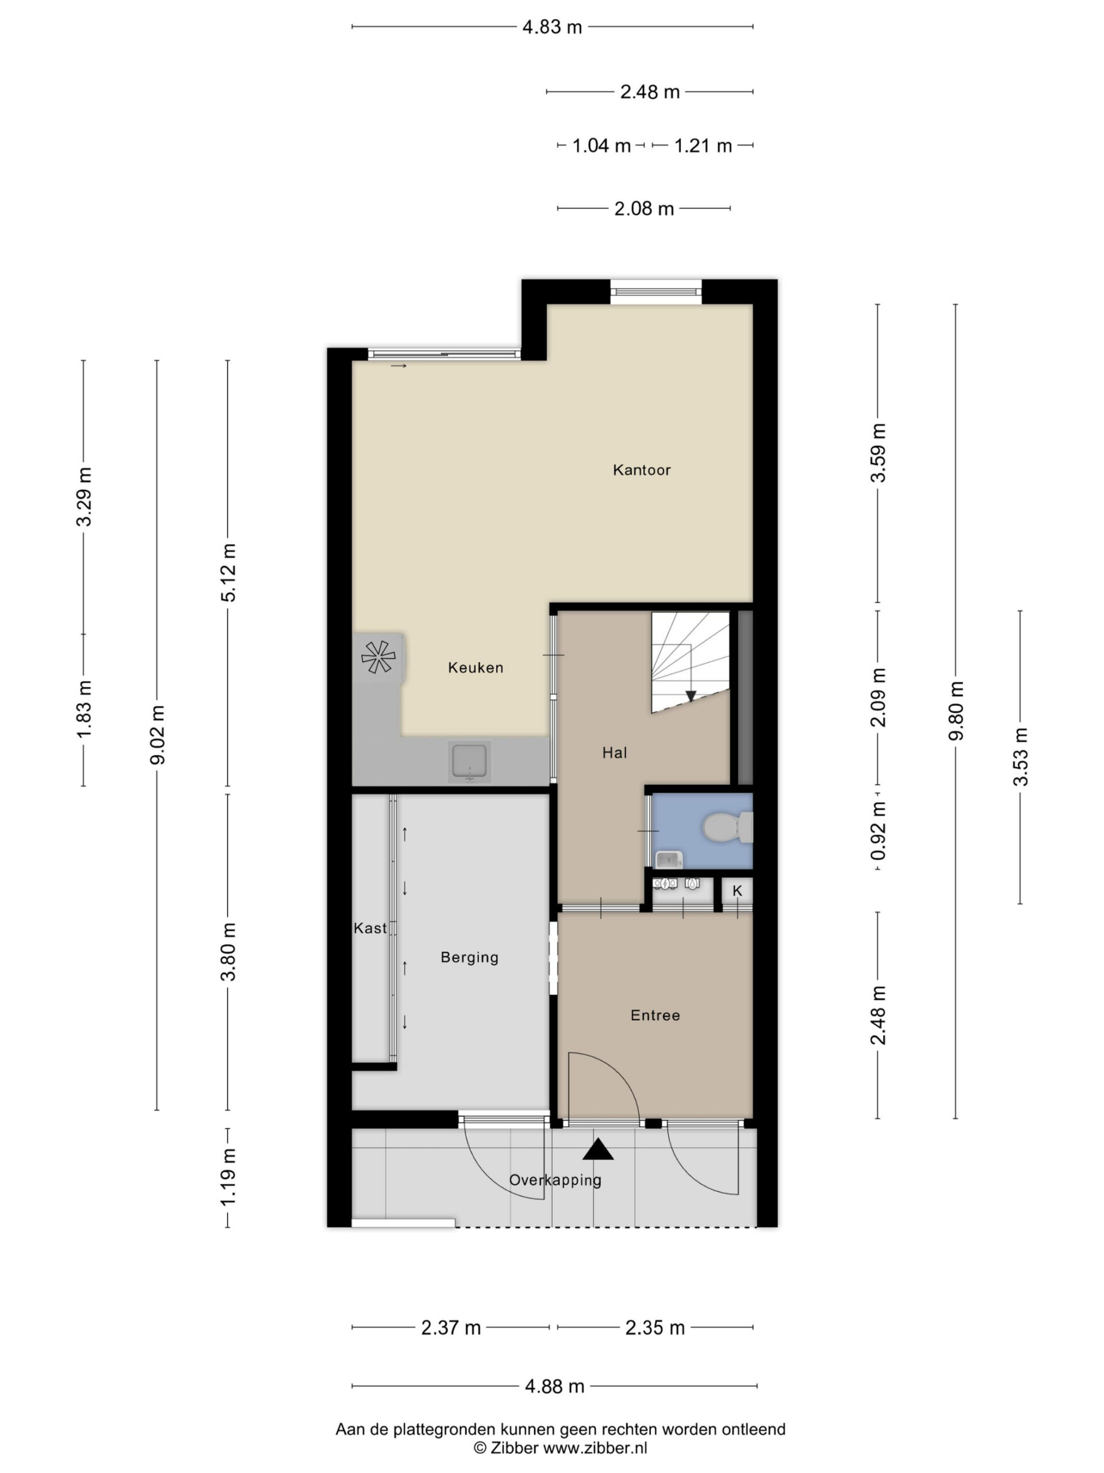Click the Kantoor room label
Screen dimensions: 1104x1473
[642, 470]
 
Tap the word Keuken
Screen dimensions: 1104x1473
[475, 667]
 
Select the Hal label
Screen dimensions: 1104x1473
[614, 753]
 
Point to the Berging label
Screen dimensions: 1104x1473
[469, 957]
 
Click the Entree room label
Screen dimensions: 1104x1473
[655, 1016]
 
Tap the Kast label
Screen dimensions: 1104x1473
[370, 928]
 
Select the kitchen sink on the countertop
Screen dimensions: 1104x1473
[469, 761]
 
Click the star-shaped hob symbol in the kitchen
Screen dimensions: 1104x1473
[378, 657]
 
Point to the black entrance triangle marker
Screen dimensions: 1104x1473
[597, 1150]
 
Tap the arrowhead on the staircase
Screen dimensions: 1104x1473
[691, 696]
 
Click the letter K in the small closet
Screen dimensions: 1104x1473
[737, 891]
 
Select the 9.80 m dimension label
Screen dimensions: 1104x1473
[956, 711]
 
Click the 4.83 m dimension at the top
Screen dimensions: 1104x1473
[551, 27]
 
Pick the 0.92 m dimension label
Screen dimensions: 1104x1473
[879, 830]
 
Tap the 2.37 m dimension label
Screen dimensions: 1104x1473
[451, 1328]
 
